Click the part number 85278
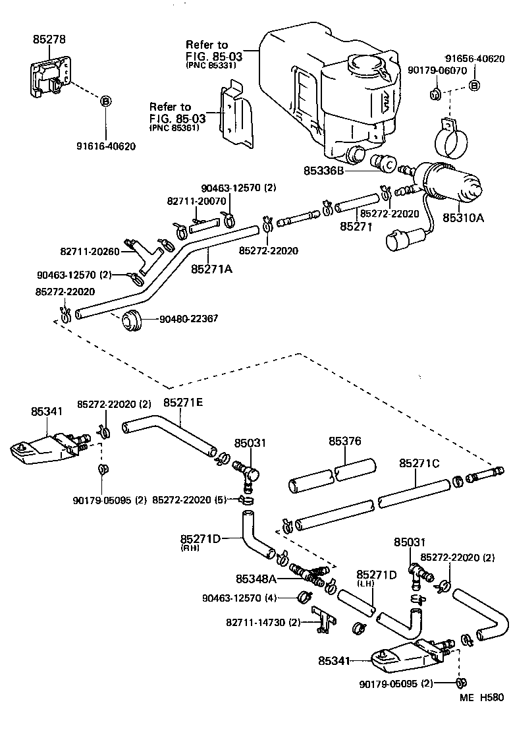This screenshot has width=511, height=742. [49, 40]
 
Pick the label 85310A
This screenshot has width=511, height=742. [462, 217]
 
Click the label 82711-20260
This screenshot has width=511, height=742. [90, 251]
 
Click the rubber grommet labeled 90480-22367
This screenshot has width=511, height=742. [132, 320]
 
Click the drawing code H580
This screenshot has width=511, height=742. [491, 697]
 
